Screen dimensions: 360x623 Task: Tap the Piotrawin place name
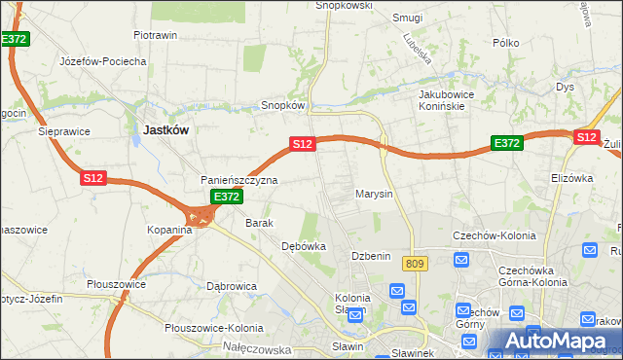pos(155,35)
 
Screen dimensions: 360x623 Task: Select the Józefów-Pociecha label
pos(102,60)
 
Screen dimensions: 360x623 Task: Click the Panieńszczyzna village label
pos(239,180)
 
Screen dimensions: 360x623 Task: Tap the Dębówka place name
pos(303,246)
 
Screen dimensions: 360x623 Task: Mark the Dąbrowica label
pos(231,286)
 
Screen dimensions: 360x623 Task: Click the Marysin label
pos(374,194)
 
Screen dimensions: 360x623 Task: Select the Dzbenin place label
pos(371,256)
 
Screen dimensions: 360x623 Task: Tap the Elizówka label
pos(571,178)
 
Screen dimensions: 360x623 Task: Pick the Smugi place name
pos(407,18)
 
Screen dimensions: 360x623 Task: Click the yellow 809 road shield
pos(416,264)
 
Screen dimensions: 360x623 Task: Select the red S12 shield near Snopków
pos(302,144)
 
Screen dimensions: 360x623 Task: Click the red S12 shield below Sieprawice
pos(92,178)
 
